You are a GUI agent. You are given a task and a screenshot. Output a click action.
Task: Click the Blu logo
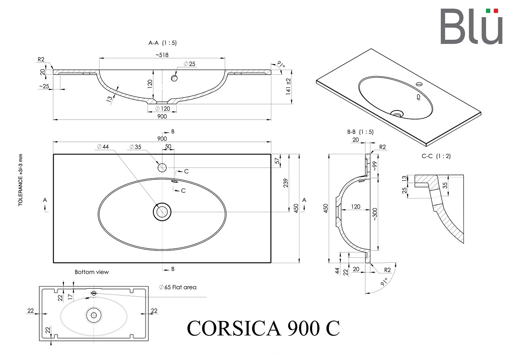tap(471, 26)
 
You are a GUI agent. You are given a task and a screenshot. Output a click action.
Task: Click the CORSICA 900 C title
tap(263, 328)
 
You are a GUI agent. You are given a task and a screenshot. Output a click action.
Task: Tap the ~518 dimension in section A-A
tap(162, 55)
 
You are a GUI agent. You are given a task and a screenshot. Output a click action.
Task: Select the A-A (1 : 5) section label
tap(162, 43)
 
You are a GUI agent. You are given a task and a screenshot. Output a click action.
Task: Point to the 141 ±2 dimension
tap(288, 87)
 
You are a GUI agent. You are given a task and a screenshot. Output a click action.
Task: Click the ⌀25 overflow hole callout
tap(189, 64)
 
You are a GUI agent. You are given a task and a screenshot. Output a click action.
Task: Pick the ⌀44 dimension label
tap(103, 147)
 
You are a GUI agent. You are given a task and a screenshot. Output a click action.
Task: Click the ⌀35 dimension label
tap(135, 147)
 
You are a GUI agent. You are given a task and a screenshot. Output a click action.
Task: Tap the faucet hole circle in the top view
tap(162, 168)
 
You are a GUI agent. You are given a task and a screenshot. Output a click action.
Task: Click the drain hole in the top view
tap(162, 212)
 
